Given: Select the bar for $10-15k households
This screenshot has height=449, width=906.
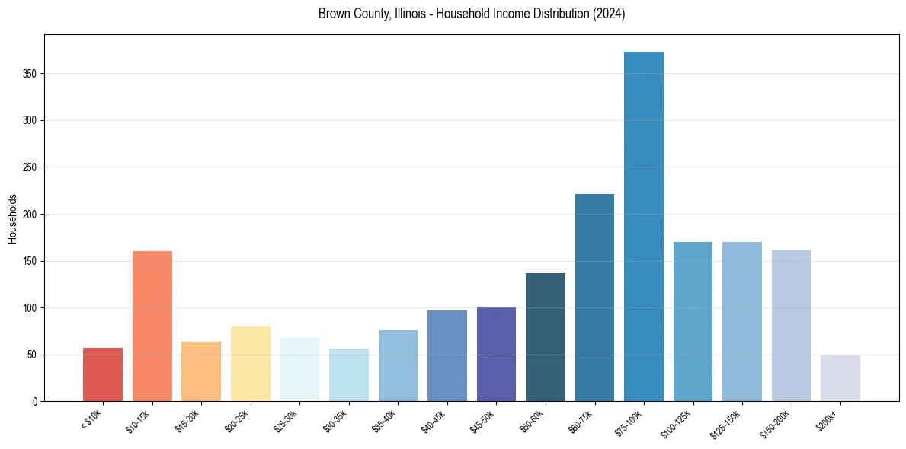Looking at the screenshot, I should pos(152,326).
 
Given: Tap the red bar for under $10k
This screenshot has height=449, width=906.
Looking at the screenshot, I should pos(103,374).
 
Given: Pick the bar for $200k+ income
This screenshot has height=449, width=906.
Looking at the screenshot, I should pos(840,378).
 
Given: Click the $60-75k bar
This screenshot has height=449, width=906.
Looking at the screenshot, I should pos(594,298).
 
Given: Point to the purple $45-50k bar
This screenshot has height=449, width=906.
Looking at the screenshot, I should pos(496,354).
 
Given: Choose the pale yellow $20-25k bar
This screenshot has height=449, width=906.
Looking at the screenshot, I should pos(251,364).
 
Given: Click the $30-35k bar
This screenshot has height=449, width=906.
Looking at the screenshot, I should pos(349,375).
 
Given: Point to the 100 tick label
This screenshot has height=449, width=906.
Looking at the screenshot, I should pos(30,308).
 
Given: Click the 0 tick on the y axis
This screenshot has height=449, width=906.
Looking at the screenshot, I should pos(35,402).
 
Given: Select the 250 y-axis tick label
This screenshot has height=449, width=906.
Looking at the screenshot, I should pos(30,167).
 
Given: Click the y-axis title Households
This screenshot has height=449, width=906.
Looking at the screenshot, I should pos(13,218).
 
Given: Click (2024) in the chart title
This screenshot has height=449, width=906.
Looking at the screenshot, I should pos(610,14).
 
